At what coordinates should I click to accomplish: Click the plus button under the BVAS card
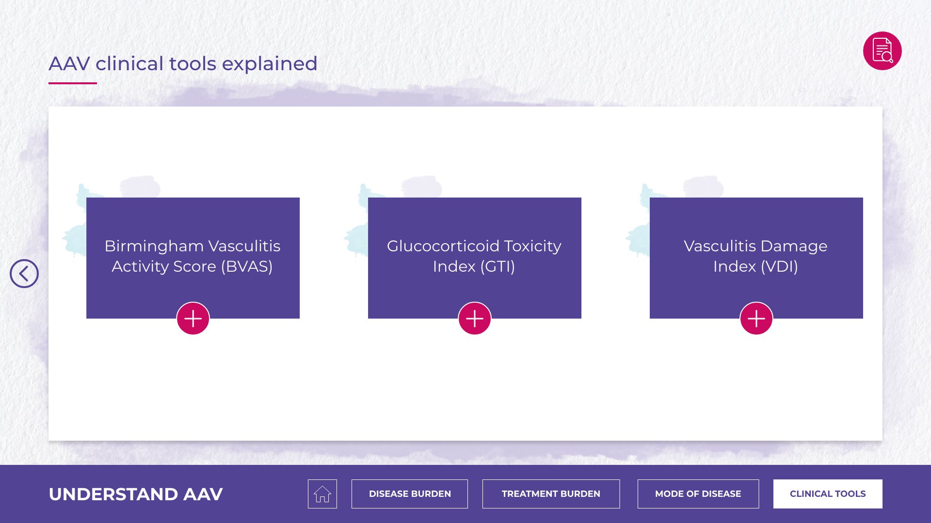(193, 319)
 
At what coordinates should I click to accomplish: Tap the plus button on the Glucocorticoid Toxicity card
(475, 319)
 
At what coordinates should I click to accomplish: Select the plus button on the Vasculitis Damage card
(756, 319)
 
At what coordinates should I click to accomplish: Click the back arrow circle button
(24, 274)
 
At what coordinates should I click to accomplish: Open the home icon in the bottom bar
(322, 494)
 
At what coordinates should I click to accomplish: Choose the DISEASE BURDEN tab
(410, 494)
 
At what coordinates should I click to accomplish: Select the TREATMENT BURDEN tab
(551, 494)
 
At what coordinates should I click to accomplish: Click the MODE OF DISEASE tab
(698, 494)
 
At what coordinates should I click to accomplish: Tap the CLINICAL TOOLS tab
(828, 494)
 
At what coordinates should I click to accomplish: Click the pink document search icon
(883, 51)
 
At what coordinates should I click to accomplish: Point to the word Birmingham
(154, 246)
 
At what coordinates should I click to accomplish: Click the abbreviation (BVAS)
(247, 266)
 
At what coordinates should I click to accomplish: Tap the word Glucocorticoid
(443, 246)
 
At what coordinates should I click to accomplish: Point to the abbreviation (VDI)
(779, 266)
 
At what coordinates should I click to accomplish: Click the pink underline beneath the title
(73, 83)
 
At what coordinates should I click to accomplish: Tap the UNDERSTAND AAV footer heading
(136, 494)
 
